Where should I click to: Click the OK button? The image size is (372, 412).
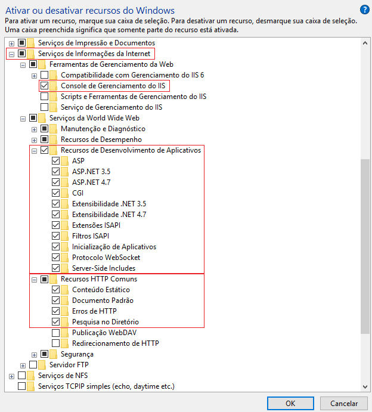pyautogui.click(x=290, y=403)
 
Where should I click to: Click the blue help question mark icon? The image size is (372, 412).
pyautogui.click(x=364, y=10)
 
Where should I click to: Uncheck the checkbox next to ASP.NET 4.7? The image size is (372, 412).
pyautogui.click(x=56, y=182)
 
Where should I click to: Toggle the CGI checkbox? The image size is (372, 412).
pyautogui.click(x=56, y=193)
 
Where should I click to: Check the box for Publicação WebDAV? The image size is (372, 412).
pyautogui.click(x=56, y=333)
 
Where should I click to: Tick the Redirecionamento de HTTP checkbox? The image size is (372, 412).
pyautogui.click(x=56, y=343)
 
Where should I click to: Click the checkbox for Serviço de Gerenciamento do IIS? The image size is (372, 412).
pyautogui.click(x=45, y=107)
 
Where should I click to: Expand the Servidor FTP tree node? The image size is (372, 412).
pyautogui.click(x=23, y=365)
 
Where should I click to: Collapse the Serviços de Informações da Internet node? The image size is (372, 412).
pyautogui.click(x=11, y=54)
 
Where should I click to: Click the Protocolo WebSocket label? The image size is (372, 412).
pyautogui.click(x=106, y=258)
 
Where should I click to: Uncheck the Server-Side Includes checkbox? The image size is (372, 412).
pyautogui.click(x=56, y=268)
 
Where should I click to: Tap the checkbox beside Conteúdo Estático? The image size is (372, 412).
pyautogui.click(x=56, y=290)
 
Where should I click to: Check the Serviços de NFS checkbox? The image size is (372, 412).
pyautogui.click(x=22, y=376)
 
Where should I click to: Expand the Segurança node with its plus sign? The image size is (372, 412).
pyautogui.click(x=34, y=354)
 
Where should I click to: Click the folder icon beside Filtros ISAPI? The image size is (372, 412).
pyautogui.click(x=65, y=236)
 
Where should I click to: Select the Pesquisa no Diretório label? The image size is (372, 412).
pyautogui.click(x=106, y=322)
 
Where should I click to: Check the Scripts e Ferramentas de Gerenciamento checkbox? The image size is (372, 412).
pyautogui.click(x=45, y=97)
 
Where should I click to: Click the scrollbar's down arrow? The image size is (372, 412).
pyautogui.click(x=365, y=387)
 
